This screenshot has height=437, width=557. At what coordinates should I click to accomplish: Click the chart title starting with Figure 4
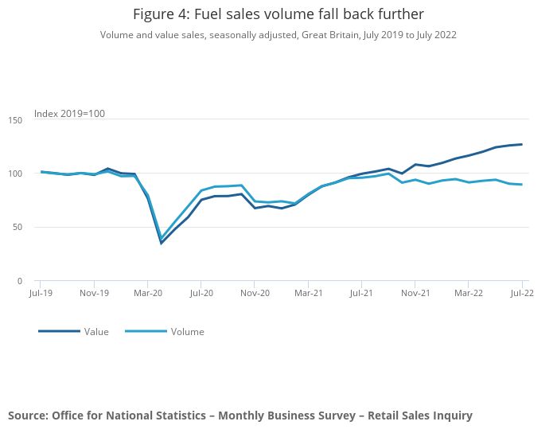click(278, 14)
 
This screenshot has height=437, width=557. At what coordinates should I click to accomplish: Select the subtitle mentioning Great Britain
click(278, 35)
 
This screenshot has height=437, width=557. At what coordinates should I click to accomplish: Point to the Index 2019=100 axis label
click(69, 114)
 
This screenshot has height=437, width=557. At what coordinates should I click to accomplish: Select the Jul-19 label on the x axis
click(41, 293)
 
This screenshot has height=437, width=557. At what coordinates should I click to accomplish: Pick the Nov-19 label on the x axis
click(95, 293)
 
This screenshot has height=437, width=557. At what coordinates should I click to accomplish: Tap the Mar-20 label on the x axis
click(148, 293)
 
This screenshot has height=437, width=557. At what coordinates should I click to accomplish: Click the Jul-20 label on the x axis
click(201, 293)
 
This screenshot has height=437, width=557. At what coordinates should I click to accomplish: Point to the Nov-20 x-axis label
click(255, 293)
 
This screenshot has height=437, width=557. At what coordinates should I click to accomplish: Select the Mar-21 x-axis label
click(308, 293)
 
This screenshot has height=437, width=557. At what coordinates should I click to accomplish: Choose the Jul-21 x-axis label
click(361, 293)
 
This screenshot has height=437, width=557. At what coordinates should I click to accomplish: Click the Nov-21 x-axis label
click(415, 293)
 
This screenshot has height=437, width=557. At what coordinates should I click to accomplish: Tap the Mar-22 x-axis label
click(469, 293)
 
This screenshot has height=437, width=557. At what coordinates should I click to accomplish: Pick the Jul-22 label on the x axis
click(522, 293)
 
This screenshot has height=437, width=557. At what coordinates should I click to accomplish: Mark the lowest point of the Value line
click(162, 243)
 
